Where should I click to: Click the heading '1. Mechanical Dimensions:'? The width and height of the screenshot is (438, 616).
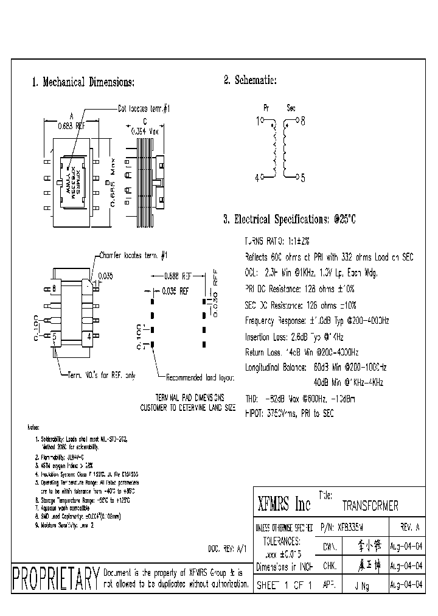point(83,82)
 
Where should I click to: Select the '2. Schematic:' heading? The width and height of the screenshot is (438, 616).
point(250,80)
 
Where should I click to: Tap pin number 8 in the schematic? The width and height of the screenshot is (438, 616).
point(302,121)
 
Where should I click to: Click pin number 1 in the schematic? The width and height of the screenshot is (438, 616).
point(257,121)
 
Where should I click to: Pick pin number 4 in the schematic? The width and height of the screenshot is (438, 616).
point(257,177)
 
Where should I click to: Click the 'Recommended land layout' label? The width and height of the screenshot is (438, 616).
point(200,377)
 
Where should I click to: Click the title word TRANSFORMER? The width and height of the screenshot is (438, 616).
point(370,506)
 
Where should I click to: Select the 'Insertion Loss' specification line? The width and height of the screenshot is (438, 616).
point(294,336)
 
